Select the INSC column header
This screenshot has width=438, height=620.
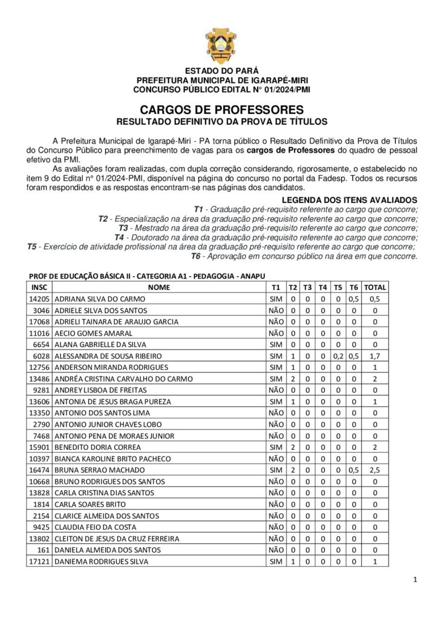tap(40, 287)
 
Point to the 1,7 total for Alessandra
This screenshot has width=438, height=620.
tap(375, 356)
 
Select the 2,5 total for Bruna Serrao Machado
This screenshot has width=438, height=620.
tap(375, 470)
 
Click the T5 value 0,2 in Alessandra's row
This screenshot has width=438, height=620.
tap(338, 356)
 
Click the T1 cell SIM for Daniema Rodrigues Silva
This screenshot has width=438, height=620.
tap(276, 561)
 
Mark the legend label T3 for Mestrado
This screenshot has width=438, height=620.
tap(123, 228)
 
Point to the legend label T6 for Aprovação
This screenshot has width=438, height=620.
tap(196, 256)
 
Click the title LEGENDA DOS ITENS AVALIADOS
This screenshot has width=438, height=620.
tap(350, 200)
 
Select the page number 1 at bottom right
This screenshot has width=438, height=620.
tap(415, 580)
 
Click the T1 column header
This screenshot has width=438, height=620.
tap(276, 287)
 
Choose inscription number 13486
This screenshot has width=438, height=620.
tap(40, 379)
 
